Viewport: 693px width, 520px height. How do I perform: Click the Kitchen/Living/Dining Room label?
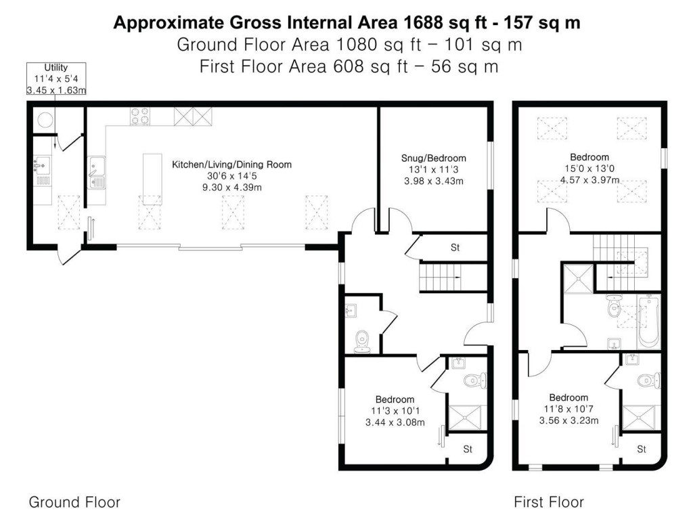point(231,165)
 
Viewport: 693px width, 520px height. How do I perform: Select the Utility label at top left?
point(56,68)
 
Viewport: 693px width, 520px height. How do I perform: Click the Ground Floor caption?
point(74,502)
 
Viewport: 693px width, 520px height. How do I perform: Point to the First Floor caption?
point(548,502)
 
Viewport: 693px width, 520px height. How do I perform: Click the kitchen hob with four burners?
point(140,116)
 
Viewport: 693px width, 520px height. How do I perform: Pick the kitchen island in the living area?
point(152,178)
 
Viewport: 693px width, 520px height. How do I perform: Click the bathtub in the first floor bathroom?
point(648,320)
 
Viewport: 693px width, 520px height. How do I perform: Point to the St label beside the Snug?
point(455,248)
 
